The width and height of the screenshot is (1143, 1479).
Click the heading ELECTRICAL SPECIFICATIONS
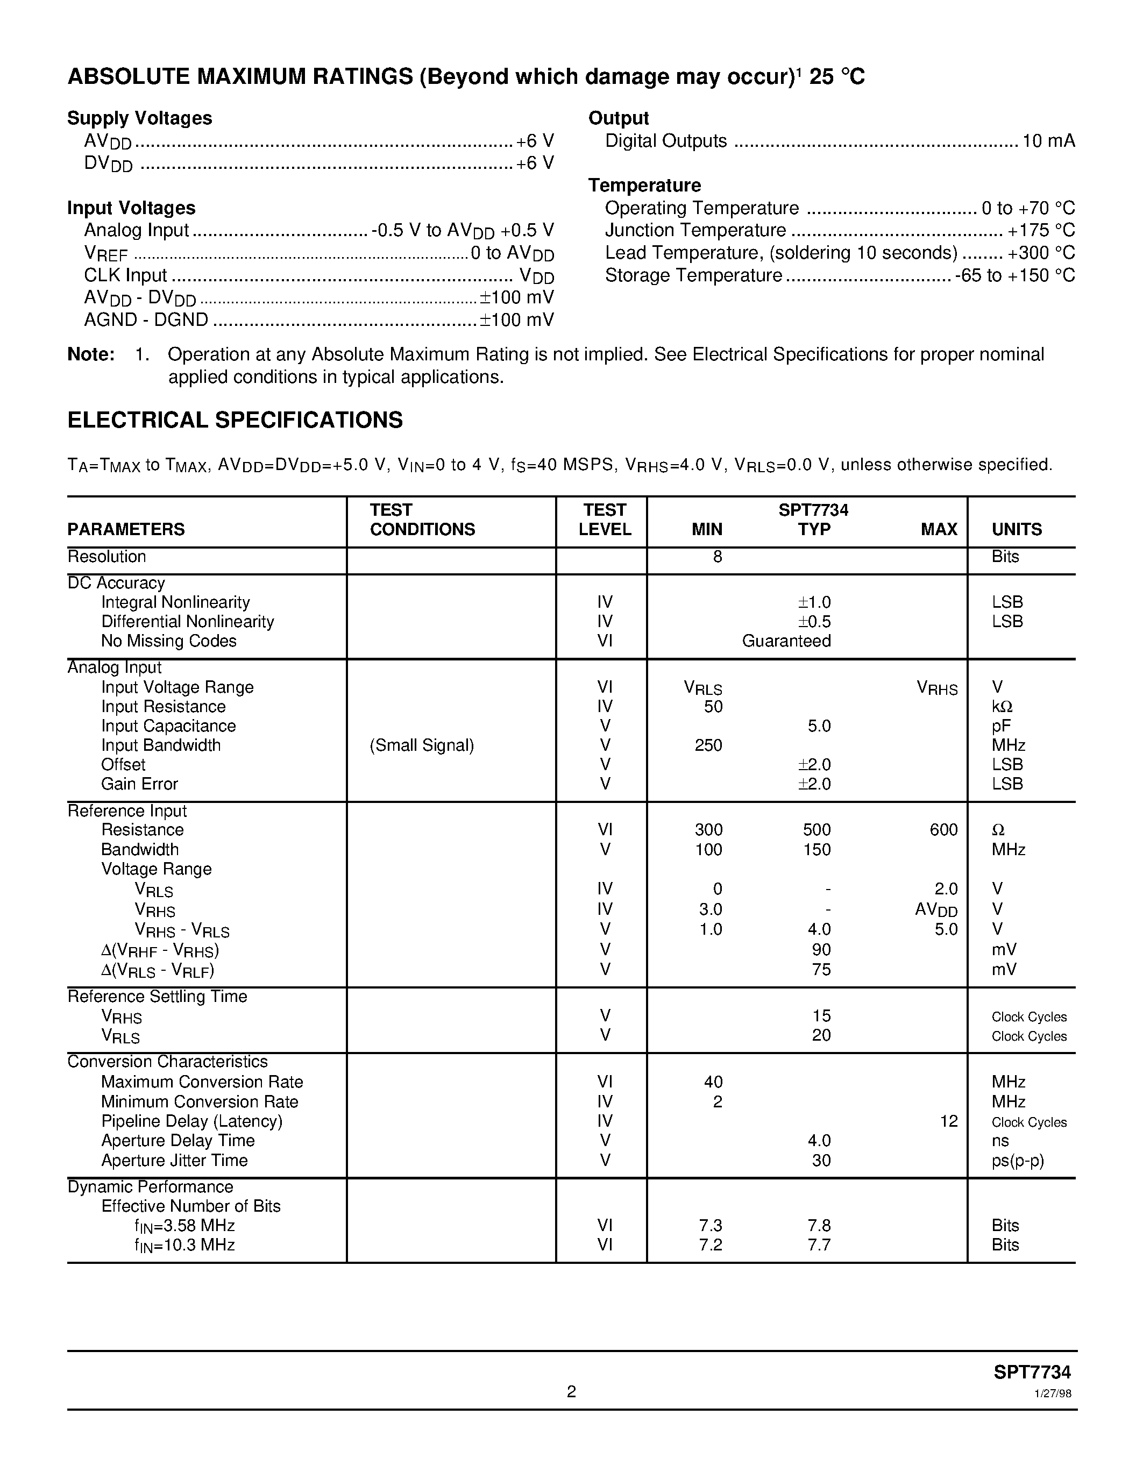pyautogui.click(x=235, y=421)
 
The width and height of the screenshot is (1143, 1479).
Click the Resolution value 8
pyautogui.click(x=717, y=557)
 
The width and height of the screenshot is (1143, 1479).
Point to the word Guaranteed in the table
pyautogui.click(x=786, y=641)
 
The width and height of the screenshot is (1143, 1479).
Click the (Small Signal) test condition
pyautogui.click(x=422, y=745)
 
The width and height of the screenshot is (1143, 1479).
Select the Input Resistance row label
pyautogui.click(x=163, y=707)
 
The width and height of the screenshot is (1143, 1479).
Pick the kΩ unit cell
pyautogui.click(x=1002, y=707)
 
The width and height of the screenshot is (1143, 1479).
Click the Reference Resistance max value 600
pyautogui.click(x=943, y=830)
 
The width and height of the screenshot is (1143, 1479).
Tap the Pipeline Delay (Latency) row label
pyautogui.click(x=191, y=1121)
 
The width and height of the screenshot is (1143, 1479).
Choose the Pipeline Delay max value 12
pyautogui.click(x=949, y=1121)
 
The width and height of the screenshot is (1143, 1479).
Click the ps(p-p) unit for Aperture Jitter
pyautogui.click(x=1018, y=1161)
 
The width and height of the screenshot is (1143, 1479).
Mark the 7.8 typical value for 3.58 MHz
pyautogui.click(x=819, y=1226)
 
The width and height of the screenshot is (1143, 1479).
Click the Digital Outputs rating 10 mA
pyautogui.click(x=1048, y=141)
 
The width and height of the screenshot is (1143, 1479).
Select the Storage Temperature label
pyautogui.click(x=693, y=275)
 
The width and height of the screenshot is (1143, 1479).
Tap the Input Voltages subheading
pyautogui.click(x=131, y=208)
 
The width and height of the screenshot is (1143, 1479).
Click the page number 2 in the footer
pyautogui.click(x=571, y=1392)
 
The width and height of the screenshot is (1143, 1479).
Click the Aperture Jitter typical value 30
pyautogui.click(x=821, y=1161)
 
